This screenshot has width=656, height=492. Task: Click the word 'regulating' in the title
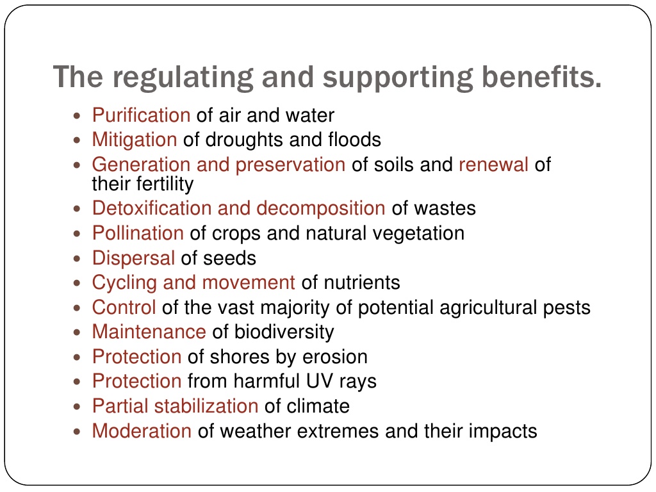[183, 78]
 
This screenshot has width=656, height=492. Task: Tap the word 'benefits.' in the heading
[541, 77]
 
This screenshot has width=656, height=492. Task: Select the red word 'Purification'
[142, 115]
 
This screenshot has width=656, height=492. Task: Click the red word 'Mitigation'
[135, 140]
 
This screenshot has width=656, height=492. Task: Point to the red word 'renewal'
[494, 165]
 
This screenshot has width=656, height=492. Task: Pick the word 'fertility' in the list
[166, 184]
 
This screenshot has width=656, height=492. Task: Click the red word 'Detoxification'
[151, 208]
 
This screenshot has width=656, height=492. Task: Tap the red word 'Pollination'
[138, 233]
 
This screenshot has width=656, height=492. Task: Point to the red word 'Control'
[124, 307]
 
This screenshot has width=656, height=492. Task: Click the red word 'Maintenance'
[149, 332]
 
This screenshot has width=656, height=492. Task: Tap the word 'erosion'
[334, 357]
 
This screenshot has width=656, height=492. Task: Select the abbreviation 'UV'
[320, 381]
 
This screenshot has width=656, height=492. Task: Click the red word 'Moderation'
[142, 431]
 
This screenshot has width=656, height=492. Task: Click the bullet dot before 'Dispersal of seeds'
[77, 259]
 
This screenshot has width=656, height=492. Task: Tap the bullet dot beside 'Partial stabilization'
[77, 407]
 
